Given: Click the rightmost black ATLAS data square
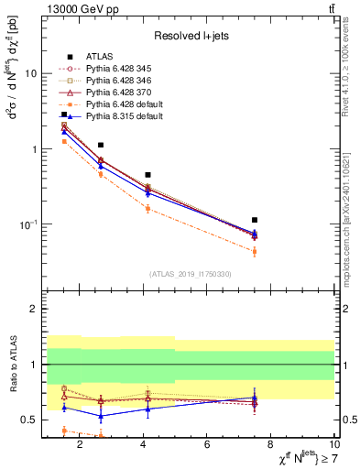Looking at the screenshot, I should (255, 220).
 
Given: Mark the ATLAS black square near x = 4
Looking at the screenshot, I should (147, 174).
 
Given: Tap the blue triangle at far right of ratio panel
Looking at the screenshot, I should (255, 398).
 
